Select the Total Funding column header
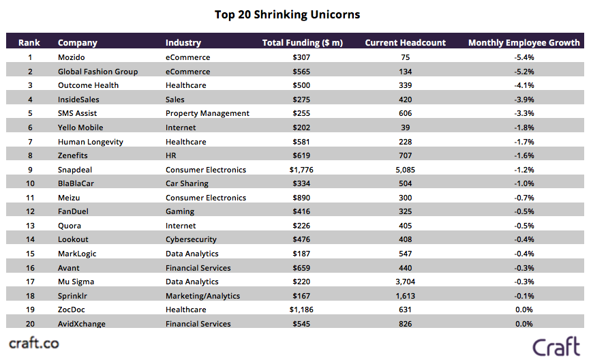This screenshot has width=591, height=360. (x=302, y=43)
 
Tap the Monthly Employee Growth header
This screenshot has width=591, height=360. (x=524, y=43)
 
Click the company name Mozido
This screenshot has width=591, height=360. (x=72, y=57)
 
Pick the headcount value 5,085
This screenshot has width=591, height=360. (x=406, y=170)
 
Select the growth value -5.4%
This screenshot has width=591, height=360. (x=524, y=57)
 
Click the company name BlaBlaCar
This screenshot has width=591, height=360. (x=77, y=183)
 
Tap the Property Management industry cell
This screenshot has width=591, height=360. (x=207, y=113)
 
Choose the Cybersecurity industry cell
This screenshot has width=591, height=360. (x=191, y=239)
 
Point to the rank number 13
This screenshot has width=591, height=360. (x=29, y=226)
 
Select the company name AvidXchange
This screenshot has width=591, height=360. (x=82, y=324)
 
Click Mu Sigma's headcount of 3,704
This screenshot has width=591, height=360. (x=406, y=282)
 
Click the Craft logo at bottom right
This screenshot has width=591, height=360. (x=556, y=345)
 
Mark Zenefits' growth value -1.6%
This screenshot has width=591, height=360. (x=524, y=155)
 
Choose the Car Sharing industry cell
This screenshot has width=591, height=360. (x=188, y=183)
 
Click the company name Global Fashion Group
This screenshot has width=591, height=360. (x=97, y=72)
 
